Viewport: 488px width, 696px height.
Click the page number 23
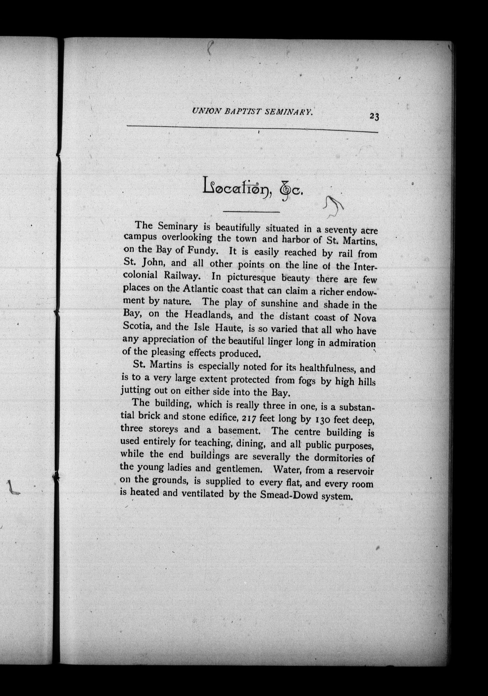pos(374,117)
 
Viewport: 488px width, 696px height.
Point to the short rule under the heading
pos(251,212)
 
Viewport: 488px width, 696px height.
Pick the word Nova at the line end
pos(365,318)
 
